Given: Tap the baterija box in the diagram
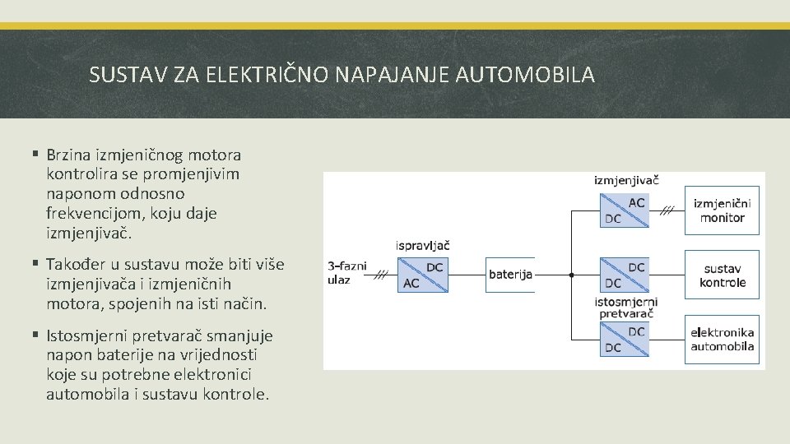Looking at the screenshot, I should [x=510, y=275].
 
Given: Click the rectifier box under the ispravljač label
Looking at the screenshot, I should [x=423, y=275].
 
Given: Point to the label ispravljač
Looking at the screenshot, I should [x=423, y=245].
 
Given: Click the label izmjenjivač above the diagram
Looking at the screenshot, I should [x=626, y=179].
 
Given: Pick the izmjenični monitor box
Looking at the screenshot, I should [x=722, y=210].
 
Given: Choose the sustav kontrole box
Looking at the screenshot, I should [x=722, y=275].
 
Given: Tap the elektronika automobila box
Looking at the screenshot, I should [x=722, y=340].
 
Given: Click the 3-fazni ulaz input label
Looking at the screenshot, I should [x=346, y=273].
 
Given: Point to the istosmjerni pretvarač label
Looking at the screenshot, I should [x=626, y=308].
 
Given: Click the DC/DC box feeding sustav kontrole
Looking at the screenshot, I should [x=625, y=275].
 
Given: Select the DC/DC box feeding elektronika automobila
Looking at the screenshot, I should [x=625, y=340].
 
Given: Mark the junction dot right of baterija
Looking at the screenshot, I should [x=571, y=275].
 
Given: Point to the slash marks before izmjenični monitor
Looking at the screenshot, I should [x=667, y=210].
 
